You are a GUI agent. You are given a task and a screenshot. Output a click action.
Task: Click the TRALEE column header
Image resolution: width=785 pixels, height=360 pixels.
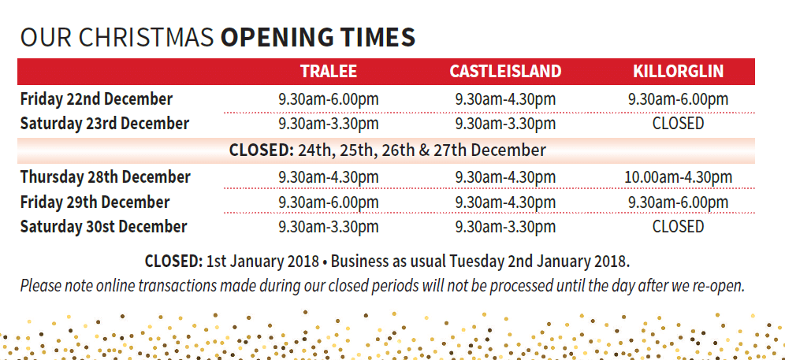coord(328,72)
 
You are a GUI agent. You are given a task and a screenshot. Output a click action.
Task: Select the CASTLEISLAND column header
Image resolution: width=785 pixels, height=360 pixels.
coord(505,72)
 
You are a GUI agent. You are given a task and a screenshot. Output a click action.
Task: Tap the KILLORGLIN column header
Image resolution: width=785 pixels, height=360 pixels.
coord(678,72)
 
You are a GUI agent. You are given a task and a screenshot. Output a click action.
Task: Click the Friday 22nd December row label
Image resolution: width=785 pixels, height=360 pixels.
coord(96,99)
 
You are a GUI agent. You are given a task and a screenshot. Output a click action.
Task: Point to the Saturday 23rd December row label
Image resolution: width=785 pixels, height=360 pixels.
coord(105,124)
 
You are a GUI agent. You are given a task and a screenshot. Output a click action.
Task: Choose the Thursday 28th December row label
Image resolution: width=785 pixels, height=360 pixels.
coord(106,176)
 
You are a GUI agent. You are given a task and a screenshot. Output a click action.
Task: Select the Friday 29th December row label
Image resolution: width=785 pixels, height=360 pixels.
coord(95,202)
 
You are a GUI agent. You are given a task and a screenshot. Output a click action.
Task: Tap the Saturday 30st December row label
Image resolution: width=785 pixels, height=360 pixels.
coord(104,227)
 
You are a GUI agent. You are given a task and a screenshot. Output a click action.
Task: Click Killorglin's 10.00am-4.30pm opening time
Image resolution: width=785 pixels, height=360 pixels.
coord(678,177)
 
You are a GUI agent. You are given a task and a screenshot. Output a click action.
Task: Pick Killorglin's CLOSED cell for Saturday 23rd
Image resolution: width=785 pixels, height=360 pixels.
coord(678,124)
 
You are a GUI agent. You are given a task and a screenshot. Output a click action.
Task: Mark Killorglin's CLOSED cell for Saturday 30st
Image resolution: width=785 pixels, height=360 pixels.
coord(678,227)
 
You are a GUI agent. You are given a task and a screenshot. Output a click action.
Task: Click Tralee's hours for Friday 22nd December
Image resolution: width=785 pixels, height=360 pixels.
coord(328,99)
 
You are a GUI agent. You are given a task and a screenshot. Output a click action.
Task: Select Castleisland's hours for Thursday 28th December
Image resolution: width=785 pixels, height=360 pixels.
coord(505,177)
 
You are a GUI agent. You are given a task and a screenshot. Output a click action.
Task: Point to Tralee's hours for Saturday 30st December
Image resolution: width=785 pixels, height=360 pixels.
coord(328,227)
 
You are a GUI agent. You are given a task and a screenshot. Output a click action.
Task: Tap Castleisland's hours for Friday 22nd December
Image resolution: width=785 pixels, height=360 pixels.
coord(505,99)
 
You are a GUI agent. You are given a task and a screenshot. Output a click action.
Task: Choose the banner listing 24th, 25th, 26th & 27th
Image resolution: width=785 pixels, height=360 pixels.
coord(387,150)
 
